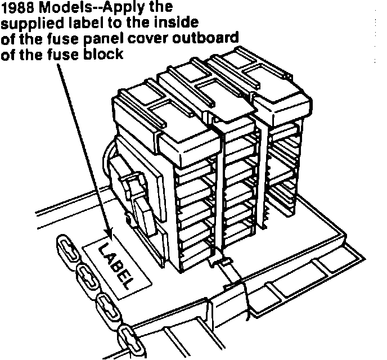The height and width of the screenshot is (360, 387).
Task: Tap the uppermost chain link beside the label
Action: (66, 247)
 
